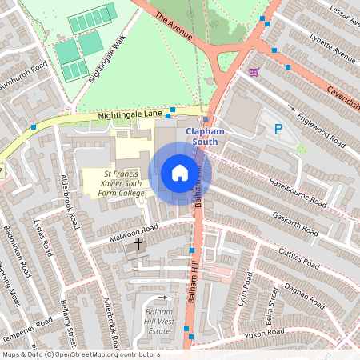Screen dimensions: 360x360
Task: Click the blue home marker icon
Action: point(180,173)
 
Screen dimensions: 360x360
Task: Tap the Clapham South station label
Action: point(209,137)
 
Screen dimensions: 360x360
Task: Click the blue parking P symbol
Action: point(278,129)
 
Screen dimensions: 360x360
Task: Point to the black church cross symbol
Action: point(138,242)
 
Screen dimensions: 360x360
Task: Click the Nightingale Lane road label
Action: point(129,116)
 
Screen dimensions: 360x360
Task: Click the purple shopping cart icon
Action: point(254,72)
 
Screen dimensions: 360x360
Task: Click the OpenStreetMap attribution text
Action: point(80,354)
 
